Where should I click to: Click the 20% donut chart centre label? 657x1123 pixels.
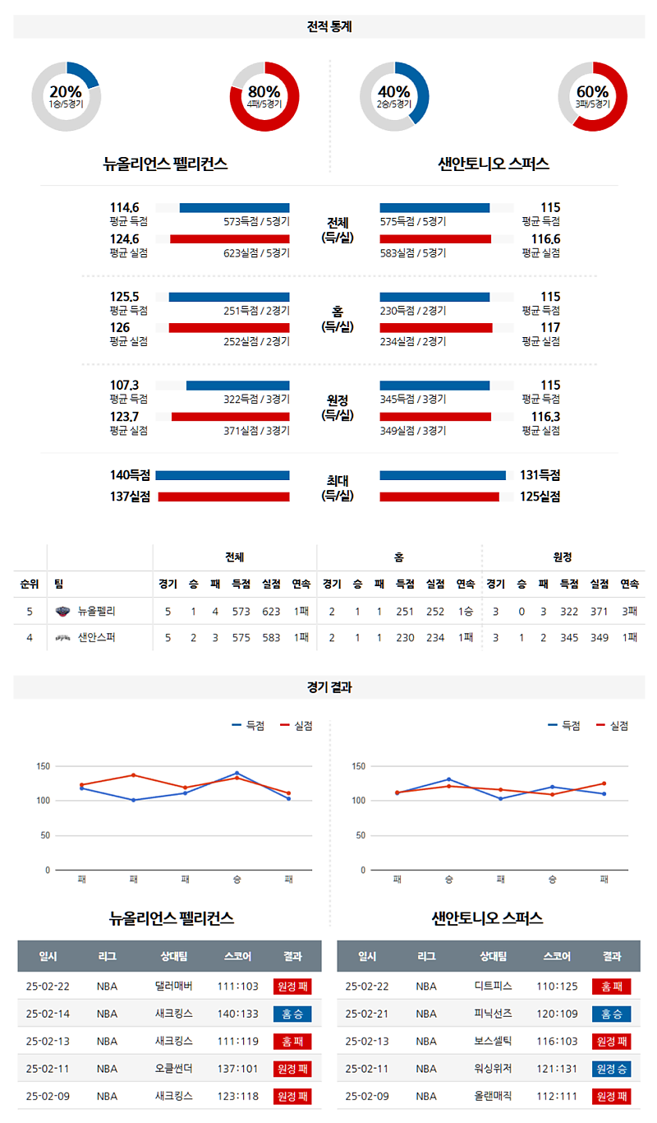[x=66, y=96]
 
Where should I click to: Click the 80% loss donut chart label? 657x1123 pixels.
[x=264, y=96]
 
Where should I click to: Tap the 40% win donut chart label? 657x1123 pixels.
[x=394, y=96]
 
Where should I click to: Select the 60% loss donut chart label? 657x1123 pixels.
[x=593, y=96]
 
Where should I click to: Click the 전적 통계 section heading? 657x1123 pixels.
[x=328, y=26]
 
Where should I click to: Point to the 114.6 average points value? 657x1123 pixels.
[x=125, y=208]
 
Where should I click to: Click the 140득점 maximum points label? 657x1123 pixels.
[x=131, y=475]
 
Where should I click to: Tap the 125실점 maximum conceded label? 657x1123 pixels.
[x=540, y=497]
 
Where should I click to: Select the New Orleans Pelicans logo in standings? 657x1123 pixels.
[x=63, y=611]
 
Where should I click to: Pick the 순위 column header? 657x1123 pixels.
[x=30, y=584]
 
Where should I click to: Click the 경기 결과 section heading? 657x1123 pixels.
[x=328, y=687]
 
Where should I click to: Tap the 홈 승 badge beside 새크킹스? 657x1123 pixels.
[x=292, y=1014]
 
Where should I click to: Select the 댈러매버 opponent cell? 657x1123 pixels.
[x=173, y=986]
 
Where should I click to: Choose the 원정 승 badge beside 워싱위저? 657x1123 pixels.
[x=611, y=1069]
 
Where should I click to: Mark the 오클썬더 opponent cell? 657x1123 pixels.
[x=173, y=1069]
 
